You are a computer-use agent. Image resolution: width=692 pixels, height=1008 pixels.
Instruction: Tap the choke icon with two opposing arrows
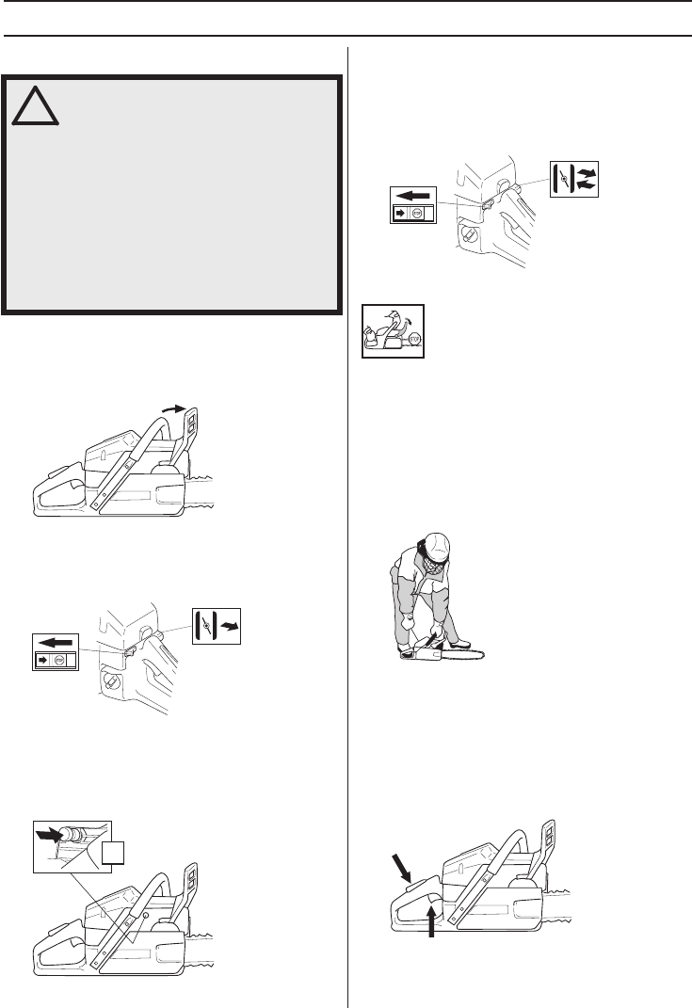572,177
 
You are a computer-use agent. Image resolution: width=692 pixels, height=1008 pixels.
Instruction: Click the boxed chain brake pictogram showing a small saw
394,331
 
